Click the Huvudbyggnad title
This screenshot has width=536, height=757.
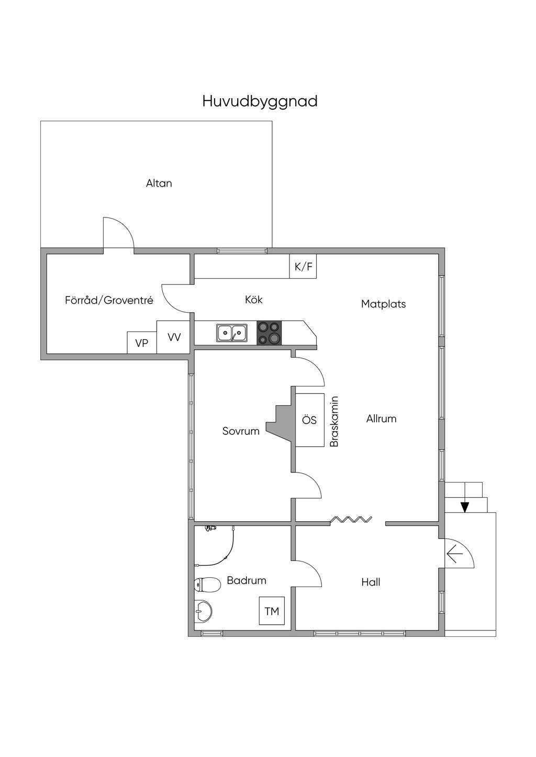(260, 101)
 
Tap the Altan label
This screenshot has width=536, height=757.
(159, 183)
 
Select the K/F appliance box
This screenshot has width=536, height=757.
(303, 266)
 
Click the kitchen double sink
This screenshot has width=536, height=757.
(232, 333)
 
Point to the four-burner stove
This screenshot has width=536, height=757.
(270, 333)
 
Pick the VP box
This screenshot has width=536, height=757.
(142, 342)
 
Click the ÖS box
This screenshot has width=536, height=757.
(310, 420)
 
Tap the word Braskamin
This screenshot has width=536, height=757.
(334, 421)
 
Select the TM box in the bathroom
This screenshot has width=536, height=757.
(272, 611)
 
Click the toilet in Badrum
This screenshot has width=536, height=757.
(207, 584)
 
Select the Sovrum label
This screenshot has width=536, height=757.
(241, 431)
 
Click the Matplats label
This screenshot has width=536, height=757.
(383, 304)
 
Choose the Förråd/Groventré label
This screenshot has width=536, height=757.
(109, 300)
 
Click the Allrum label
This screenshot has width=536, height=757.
(382, 419)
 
